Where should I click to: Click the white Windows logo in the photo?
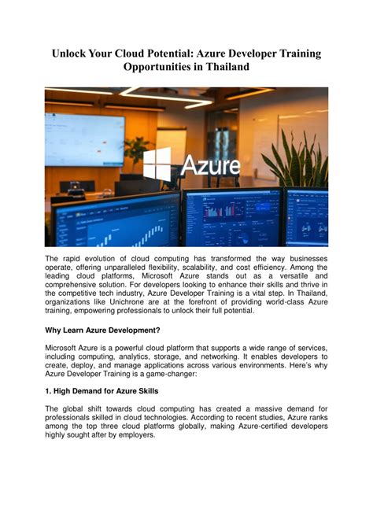point(157,164)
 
